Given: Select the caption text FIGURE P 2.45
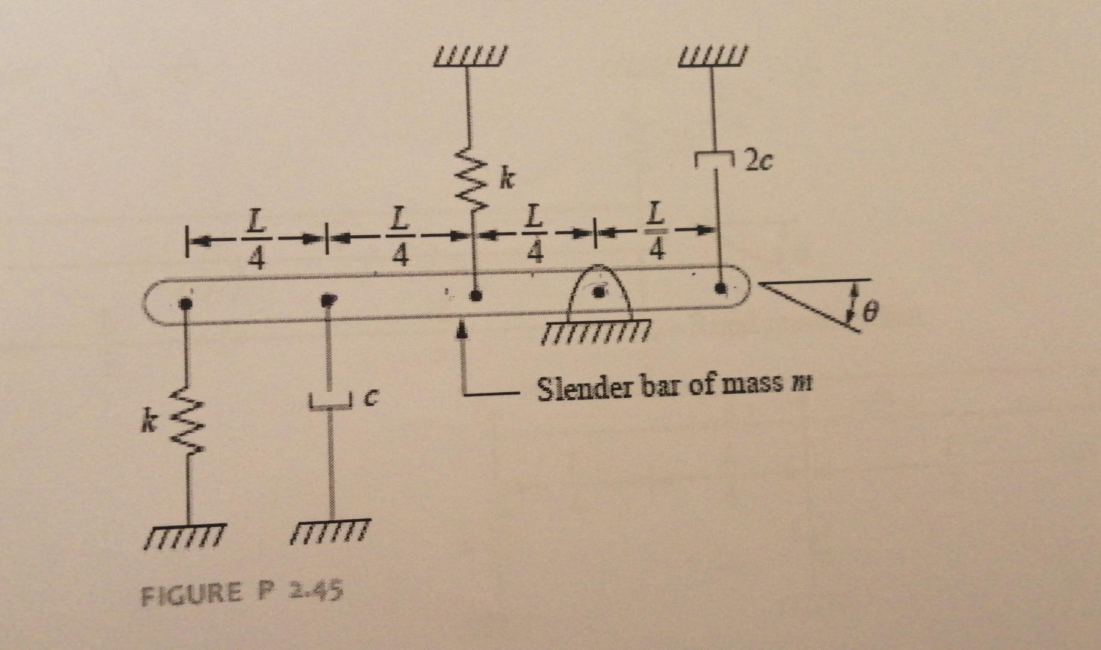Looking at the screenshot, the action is click(x=241, y=593).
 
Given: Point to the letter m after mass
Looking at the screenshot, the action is click(x=803, y=384).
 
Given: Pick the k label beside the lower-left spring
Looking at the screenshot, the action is click(x=144, y=424).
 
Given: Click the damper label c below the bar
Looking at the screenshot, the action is click(x=373, y=396).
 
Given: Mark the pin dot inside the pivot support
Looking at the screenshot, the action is click(x=598, y=292).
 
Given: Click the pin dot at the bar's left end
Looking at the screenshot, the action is click(x=187, y=303).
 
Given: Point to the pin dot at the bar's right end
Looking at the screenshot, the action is click(x=719, y=288).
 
